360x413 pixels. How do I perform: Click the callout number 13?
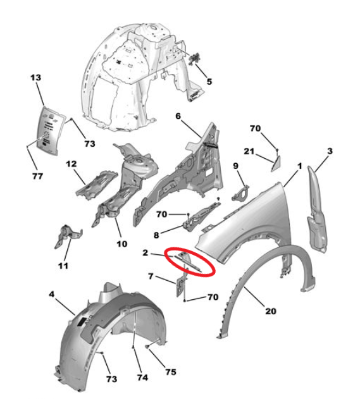click(35, 78)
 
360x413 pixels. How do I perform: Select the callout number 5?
click(209, 82)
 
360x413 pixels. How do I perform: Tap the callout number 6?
click(178, 116)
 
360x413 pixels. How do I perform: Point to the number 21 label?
click(249, 151)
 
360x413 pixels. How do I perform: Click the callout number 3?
click(330, 151)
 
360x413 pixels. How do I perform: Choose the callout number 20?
click(271, 311)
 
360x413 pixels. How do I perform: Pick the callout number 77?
click(38, 176)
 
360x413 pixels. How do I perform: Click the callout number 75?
click(171, 372)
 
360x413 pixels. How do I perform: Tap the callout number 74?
click(142, 378)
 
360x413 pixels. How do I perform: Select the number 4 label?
click(52, 294)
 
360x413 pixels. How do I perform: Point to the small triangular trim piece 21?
click(276, 163)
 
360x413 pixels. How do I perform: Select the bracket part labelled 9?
click(240, 193)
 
